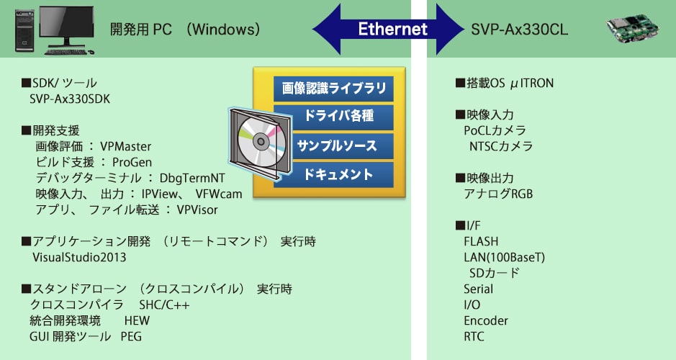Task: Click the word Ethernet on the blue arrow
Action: [x=393, y=29]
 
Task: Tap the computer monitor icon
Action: [x=67, y=27]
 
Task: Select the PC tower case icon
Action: [x=24, y=31]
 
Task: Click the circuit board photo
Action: [x=633, y=29]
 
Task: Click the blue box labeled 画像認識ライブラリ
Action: [x=334, y=89]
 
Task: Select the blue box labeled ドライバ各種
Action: [x=334, y=117]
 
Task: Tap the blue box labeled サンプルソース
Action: [x=334, y=146]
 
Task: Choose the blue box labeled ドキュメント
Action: [x=334, y=175]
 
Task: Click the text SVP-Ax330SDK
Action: [x=70, y=99]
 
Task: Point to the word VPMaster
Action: [x=126, y=147]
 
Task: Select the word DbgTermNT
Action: [x=192, y=178]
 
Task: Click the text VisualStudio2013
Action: [x=79, y=257]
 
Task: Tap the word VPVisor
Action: [x=197, y=210]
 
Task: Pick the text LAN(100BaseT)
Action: [x=505, y=257]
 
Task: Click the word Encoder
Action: [x=486, y=321]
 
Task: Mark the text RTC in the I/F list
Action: [x=474, y=336]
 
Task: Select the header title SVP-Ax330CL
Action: [x=520, y=30]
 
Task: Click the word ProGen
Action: [x=132, y=163]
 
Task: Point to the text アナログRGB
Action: [x=498, y=194]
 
